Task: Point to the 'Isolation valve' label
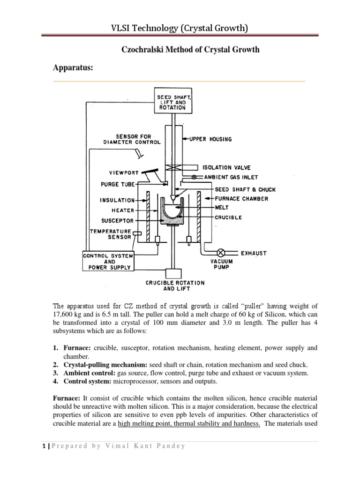click(x=226, y=167)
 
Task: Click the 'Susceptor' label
click(x=118, y=220)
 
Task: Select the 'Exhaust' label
click(x=254, y=253)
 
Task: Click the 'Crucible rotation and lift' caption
click(x=175, y=286)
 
